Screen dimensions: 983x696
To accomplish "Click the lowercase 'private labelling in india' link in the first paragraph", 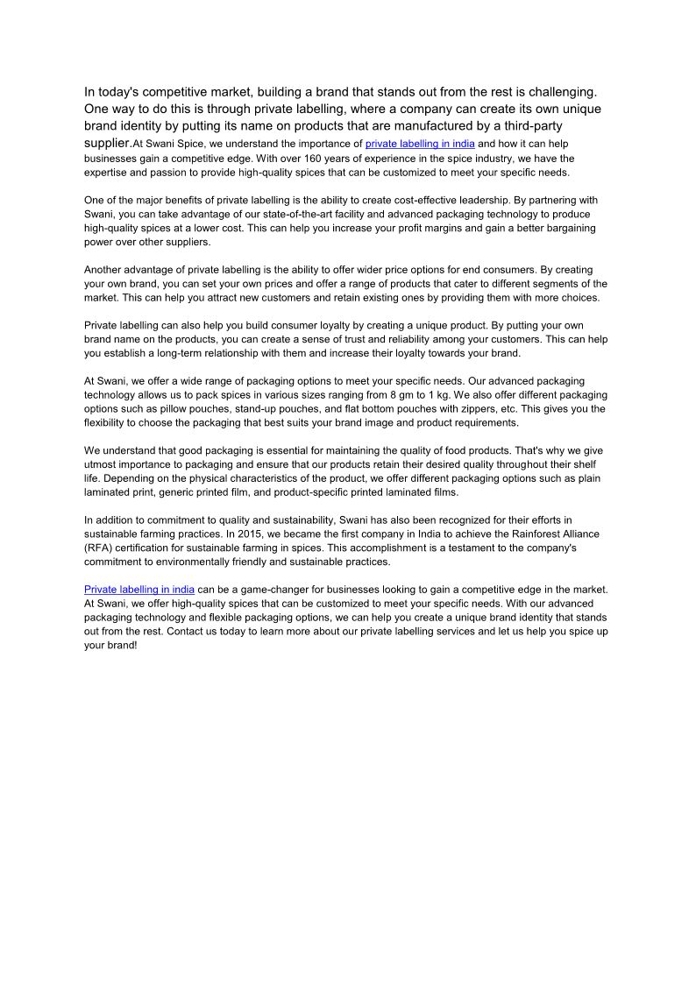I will [x=420, y=145].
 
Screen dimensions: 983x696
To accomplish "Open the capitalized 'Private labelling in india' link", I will [x=139, y=590].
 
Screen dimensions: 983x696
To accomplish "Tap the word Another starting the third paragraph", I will [x=104, y=270].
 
